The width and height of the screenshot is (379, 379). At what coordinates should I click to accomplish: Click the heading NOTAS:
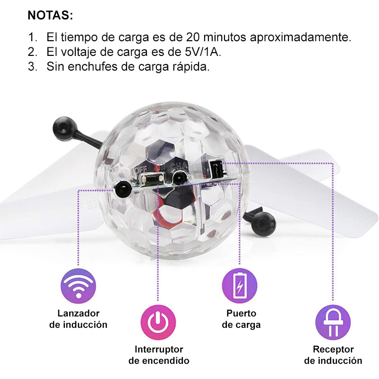pos(50,16)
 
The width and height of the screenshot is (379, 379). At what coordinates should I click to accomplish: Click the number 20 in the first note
pos(193,37)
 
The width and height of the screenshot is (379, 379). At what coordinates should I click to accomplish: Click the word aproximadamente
pos(300,37)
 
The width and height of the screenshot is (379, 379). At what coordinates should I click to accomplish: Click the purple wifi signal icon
pos(78,286)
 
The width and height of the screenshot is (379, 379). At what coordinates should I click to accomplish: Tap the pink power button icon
pos(158,322)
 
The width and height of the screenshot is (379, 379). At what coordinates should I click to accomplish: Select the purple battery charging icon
pos(240,286)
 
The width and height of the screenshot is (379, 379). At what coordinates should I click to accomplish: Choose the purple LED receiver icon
pos(333,322)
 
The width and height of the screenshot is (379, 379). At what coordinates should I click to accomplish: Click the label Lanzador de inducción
pos(78,319)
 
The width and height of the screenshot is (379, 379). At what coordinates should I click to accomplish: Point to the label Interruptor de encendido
pos(159,355)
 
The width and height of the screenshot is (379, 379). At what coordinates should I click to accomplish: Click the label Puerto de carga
pos(241,319)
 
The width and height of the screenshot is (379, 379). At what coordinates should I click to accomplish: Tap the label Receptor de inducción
pos(333,355)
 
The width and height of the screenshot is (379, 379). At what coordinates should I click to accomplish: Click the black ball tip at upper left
pos(64,128)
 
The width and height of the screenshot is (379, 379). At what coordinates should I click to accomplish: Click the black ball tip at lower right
pos(263,221)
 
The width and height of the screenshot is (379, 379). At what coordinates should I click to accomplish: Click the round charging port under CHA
pos(179,179)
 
